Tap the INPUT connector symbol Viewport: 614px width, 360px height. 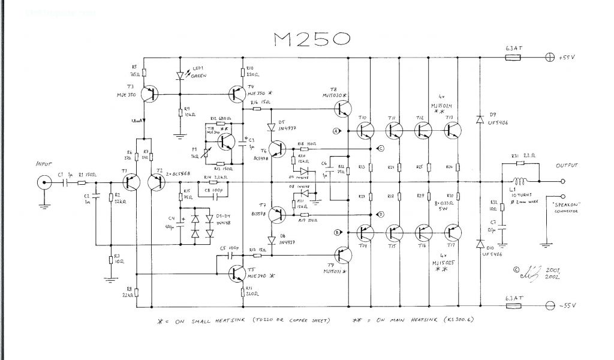[44, 182]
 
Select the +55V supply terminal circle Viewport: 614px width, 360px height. [549, 58]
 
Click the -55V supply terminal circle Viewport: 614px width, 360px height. [549, 306]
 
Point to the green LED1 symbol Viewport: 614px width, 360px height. [180, 76]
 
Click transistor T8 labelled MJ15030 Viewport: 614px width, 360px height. [344, 109]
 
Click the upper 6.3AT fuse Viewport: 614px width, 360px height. [513, 58]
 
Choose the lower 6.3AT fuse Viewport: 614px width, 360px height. [513, 306]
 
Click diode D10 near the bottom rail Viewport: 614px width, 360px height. [480, 244]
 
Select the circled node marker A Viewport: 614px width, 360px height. [336, 130]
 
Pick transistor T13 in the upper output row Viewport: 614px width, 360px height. [455, 130]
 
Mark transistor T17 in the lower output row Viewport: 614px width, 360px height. [455, 233]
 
